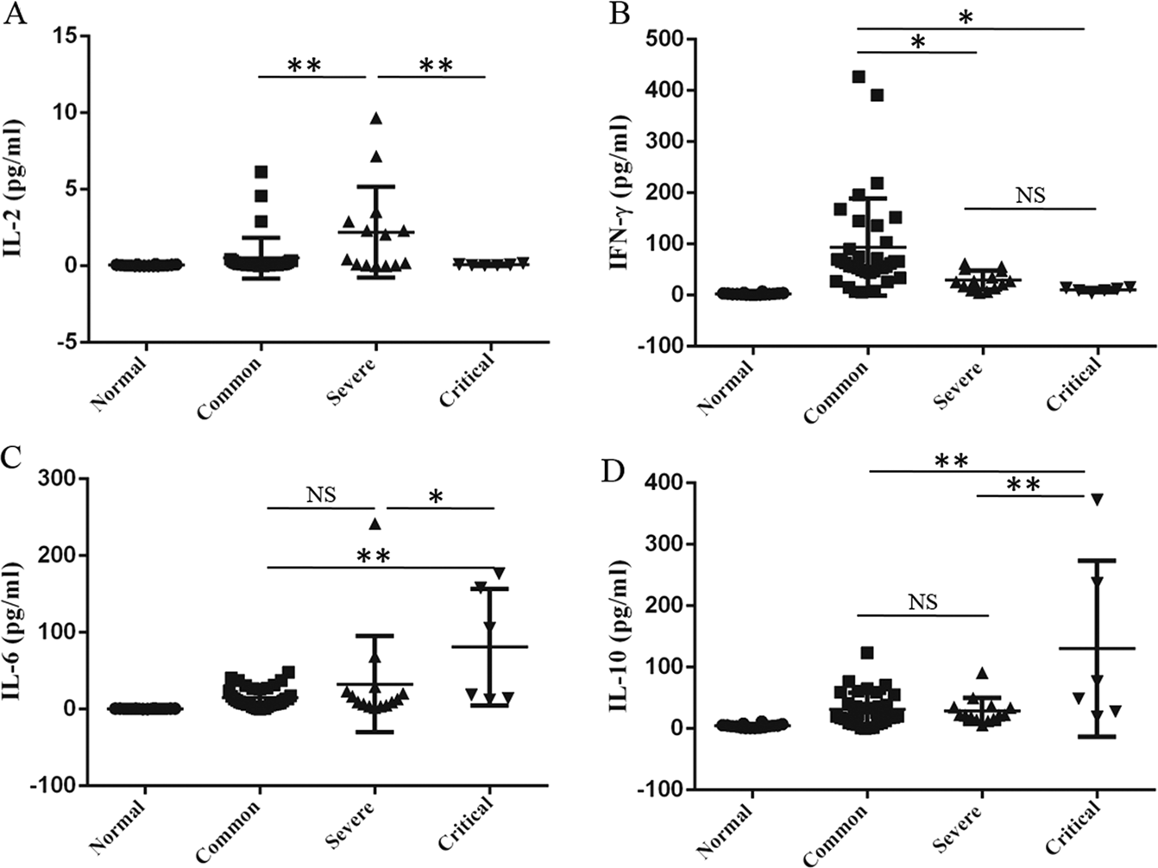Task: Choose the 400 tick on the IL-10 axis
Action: (x=658, y=483)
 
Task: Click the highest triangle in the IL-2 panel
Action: (x=375, y=118)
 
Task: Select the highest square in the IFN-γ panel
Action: (x=859, y=77)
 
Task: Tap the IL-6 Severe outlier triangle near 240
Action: (x=375, y=524)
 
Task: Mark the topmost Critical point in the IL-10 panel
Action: (x=1097, y=499)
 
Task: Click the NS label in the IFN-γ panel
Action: (x=1029, y=196)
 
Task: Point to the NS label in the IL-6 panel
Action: (x=320, y=494)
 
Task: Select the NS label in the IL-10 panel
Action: (x=922, y=601)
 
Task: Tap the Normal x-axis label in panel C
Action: (x=118, y=829)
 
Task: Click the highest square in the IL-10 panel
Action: (x=867, y=653)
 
